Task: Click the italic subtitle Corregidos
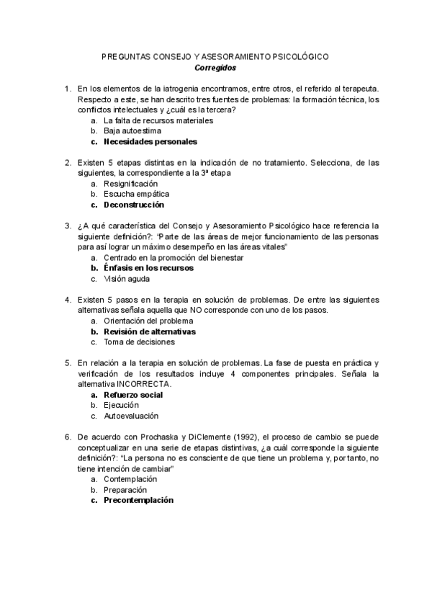click(215, 68)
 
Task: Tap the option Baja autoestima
click(132, 131)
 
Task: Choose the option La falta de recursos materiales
click(158, 120)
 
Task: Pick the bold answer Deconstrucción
click(139, 205)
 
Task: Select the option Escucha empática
click(137, 195)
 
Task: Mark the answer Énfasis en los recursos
click(148, 267)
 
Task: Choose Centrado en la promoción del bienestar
click(174, 257)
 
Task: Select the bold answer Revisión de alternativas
click(150, 331)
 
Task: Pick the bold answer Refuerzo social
click(133, 395)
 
